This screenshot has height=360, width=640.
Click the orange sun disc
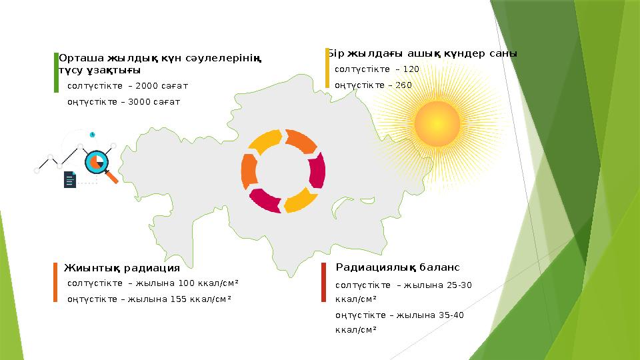coord(437,123)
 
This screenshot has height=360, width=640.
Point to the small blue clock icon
coord(92,135)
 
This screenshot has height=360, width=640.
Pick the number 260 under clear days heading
coord(403,85)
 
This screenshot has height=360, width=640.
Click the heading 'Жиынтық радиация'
coord(122,269)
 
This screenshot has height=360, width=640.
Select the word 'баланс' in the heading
coord(441,267)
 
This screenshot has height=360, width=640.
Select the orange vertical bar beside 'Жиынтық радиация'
coord(56,283)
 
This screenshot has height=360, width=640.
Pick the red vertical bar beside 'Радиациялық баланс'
coord(323,287)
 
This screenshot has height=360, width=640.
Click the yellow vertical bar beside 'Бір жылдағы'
coord(327,67)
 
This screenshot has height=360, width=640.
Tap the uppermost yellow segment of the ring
coord(268,141)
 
